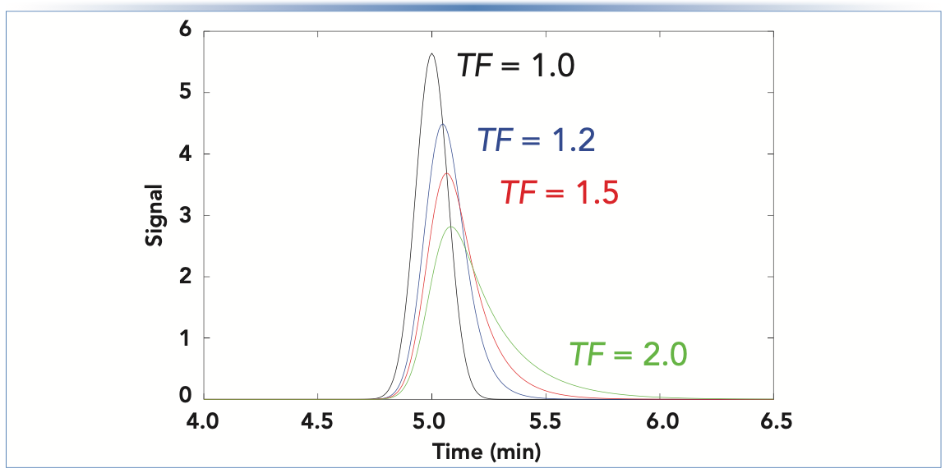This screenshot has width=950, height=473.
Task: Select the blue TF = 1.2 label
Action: coord(537,140)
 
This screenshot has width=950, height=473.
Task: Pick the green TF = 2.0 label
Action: coord(628,354)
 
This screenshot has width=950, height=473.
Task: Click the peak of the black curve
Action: coord(431,54)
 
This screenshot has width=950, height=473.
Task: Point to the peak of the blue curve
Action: coord(443,125)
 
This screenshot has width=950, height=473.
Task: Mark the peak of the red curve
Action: coord(447,173)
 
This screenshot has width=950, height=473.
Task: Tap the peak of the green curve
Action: coord(451,227)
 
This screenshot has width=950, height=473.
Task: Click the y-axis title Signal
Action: coord(154,215)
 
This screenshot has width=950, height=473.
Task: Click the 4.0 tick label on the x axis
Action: coord(202,422)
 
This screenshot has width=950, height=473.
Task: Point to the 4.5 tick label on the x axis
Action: coord(317,422)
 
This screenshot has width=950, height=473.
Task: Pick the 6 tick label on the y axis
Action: coord(185,31)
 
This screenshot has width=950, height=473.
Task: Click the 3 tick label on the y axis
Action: coord(185,215)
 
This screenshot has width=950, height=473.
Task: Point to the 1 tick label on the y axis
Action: coord(185,338)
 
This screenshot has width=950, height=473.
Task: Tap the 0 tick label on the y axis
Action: coord(185,397)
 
